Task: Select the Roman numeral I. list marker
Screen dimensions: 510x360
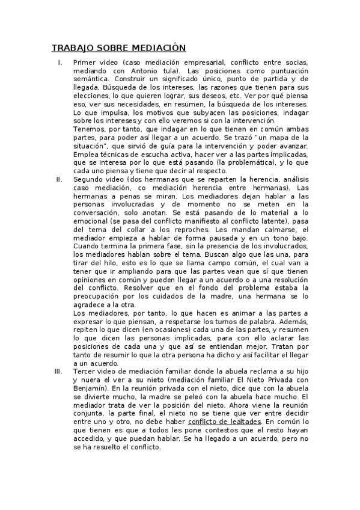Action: point(59,63)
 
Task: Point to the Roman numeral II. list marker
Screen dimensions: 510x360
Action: point(58,179)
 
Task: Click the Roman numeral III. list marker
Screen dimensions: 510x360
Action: point(58,371)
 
